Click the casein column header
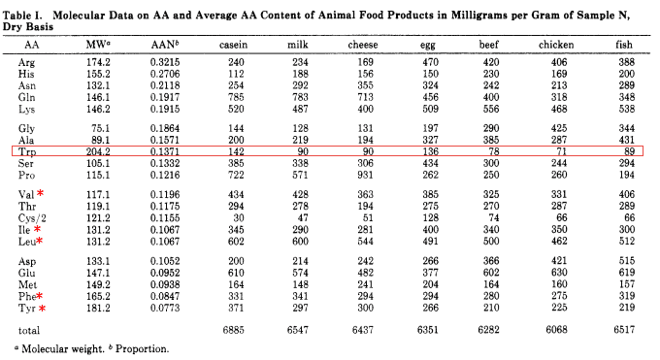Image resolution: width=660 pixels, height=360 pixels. pyautogui.click(x=240, y=45)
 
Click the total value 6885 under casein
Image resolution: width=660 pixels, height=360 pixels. pyautogui.click(x=238, y=332)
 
